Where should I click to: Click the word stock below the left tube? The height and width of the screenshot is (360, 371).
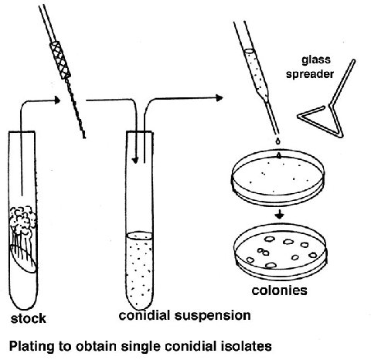(x=29, y=318)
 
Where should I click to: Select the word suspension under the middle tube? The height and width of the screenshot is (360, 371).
(x=213, y=316)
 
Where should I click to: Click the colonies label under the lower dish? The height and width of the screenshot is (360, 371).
(x=280, y=290)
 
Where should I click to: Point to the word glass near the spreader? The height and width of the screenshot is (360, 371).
(x=316, y=60)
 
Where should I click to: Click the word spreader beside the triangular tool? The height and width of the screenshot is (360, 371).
(x=310, y=74)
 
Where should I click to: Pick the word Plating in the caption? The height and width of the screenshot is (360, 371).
(x=32, y=346)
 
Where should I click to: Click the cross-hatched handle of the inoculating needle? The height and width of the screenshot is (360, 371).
(x=60, y=59)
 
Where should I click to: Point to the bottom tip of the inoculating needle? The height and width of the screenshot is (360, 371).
(x=84, y=138)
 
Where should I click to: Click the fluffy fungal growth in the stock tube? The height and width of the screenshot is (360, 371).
(x=22, y=220)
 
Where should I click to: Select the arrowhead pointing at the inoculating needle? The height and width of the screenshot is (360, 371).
(x=57, y=100)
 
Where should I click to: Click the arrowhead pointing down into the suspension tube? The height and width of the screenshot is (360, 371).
(x=135, y=160)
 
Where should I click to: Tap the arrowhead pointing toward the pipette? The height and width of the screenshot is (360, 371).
(x=220, y=98)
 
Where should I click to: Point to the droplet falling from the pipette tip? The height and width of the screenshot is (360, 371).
(x=277, y=141)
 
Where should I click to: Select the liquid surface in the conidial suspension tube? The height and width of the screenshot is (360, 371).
(x=140, y=236)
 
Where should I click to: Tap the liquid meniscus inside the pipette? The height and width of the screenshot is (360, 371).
(x=249, y=51)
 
